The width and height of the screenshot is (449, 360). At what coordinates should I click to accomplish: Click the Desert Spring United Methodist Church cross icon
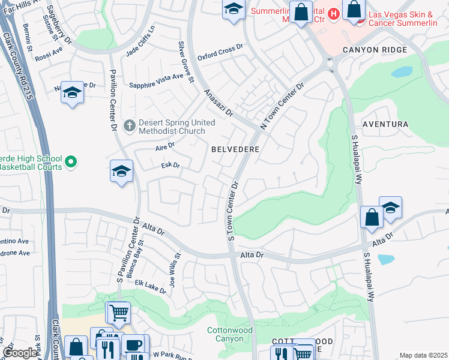[129, 126]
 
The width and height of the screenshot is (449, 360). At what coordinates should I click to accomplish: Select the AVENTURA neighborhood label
[385, 124]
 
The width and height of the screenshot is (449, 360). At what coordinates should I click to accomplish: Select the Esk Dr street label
[171, 166]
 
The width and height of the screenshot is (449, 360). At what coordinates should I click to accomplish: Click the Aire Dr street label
[164, 146]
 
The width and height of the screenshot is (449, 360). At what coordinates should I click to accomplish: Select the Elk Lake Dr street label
[151, 287]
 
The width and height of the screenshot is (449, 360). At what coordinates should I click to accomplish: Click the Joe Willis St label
[175, 271]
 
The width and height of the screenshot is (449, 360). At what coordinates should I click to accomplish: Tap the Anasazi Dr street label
[218, 104]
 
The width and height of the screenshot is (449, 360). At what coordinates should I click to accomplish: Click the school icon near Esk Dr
[121, 172]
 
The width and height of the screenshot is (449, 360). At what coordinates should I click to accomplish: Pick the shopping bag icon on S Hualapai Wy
[372, 217]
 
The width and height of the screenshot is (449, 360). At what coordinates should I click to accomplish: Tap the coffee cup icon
[132, 345]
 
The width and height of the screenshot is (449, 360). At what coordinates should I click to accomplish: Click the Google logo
[20, 353]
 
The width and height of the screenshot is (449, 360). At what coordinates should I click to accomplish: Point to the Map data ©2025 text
[423, 355]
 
